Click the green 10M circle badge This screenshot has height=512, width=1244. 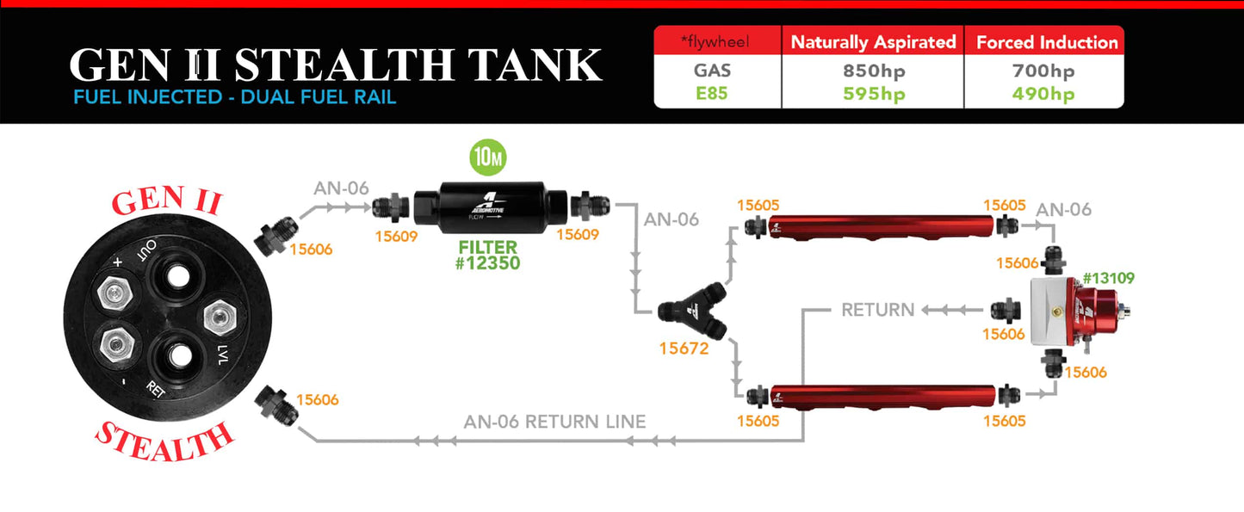click(487, 157)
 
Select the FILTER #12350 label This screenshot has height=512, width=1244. click(488, 255)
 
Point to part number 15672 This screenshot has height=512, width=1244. click(684, 349)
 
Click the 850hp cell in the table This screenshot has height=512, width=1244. click(873, 71)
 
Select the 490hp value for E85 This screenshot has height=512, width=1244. click(1043, 94)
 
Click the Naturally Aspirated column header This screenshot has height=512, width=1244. click(873, 42)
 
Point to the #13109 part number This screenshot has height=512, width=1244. click(1109, 279)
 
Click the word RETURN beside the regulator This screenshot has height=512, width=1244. click(877, 310)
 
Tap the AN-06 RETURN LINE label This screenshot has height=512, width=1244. click(554, 422)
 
